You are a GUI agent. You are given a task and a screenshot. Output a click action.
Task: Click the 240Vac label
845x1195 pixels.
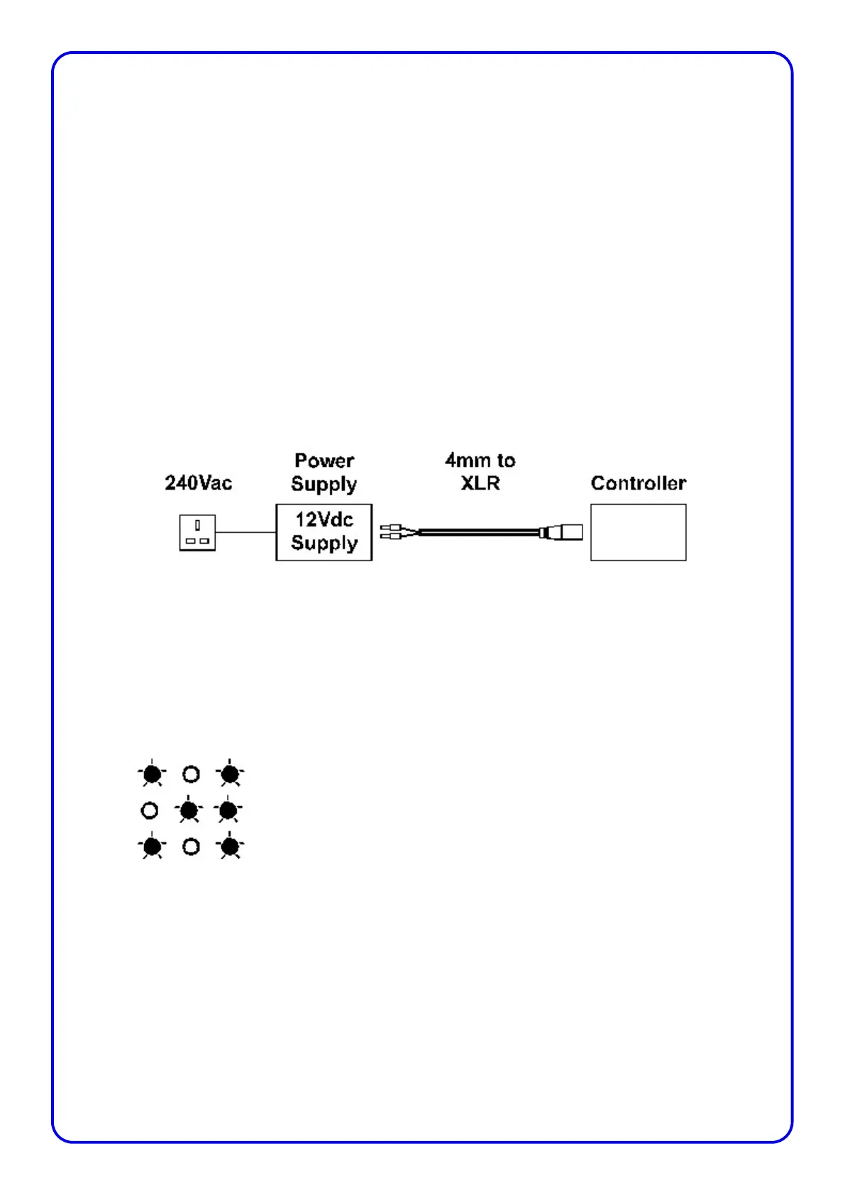point(198,483)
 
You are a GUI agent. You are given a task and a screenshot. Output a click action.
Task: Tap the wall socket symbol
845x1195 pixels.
point(197,533)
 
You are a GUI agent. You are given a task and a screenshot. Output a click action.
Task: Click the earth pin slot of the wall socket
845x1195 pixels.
point(197,525)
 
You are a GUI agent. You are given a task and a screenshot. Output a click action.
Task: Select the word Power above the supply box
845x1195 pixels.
point(324,461)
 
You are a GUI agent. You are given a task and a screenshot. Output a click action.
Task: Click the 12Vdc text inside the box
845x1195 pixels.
point(324,519)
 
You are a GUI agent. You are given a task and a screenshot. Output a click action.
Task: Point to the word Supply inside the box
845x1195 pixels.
point(324,543)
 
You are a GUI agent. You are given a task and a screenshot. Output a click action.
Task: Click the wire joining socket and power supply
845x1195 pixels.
point(245,532)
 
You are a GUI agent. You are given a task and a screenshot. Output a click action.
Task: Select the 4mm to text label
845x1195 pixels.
point(480,461)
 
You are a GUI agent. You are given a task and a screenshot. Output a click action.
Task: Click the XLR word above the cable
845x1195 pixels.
point(480,483)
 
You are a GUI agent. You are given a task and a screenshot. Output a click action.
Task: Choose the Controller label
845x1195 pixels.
point(638,483)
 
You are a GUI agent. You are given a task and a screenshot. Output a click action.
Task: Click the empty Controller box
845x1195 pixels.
point(638,532)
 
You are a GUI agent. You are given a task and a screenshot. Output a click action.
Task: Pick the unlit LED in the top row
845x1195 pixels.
point(191,773)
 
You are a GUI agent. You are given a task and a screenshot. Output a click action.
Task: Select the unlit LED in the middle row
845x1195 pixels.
point(150,810)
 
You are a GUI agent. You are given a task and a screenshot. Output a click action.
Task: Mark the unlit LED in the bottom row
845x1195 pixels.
point(191,847)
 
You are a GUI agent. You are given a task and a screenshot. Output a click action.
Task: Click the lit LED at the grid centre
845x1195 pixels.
point(189,810)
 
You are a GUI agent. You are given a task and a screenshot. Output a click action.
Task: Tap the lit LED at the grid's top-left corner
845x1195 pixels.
point(152,773)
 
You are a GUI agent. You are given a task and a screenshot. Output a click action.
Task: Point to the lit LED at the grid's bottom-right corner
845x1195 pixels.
point(230,847)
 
